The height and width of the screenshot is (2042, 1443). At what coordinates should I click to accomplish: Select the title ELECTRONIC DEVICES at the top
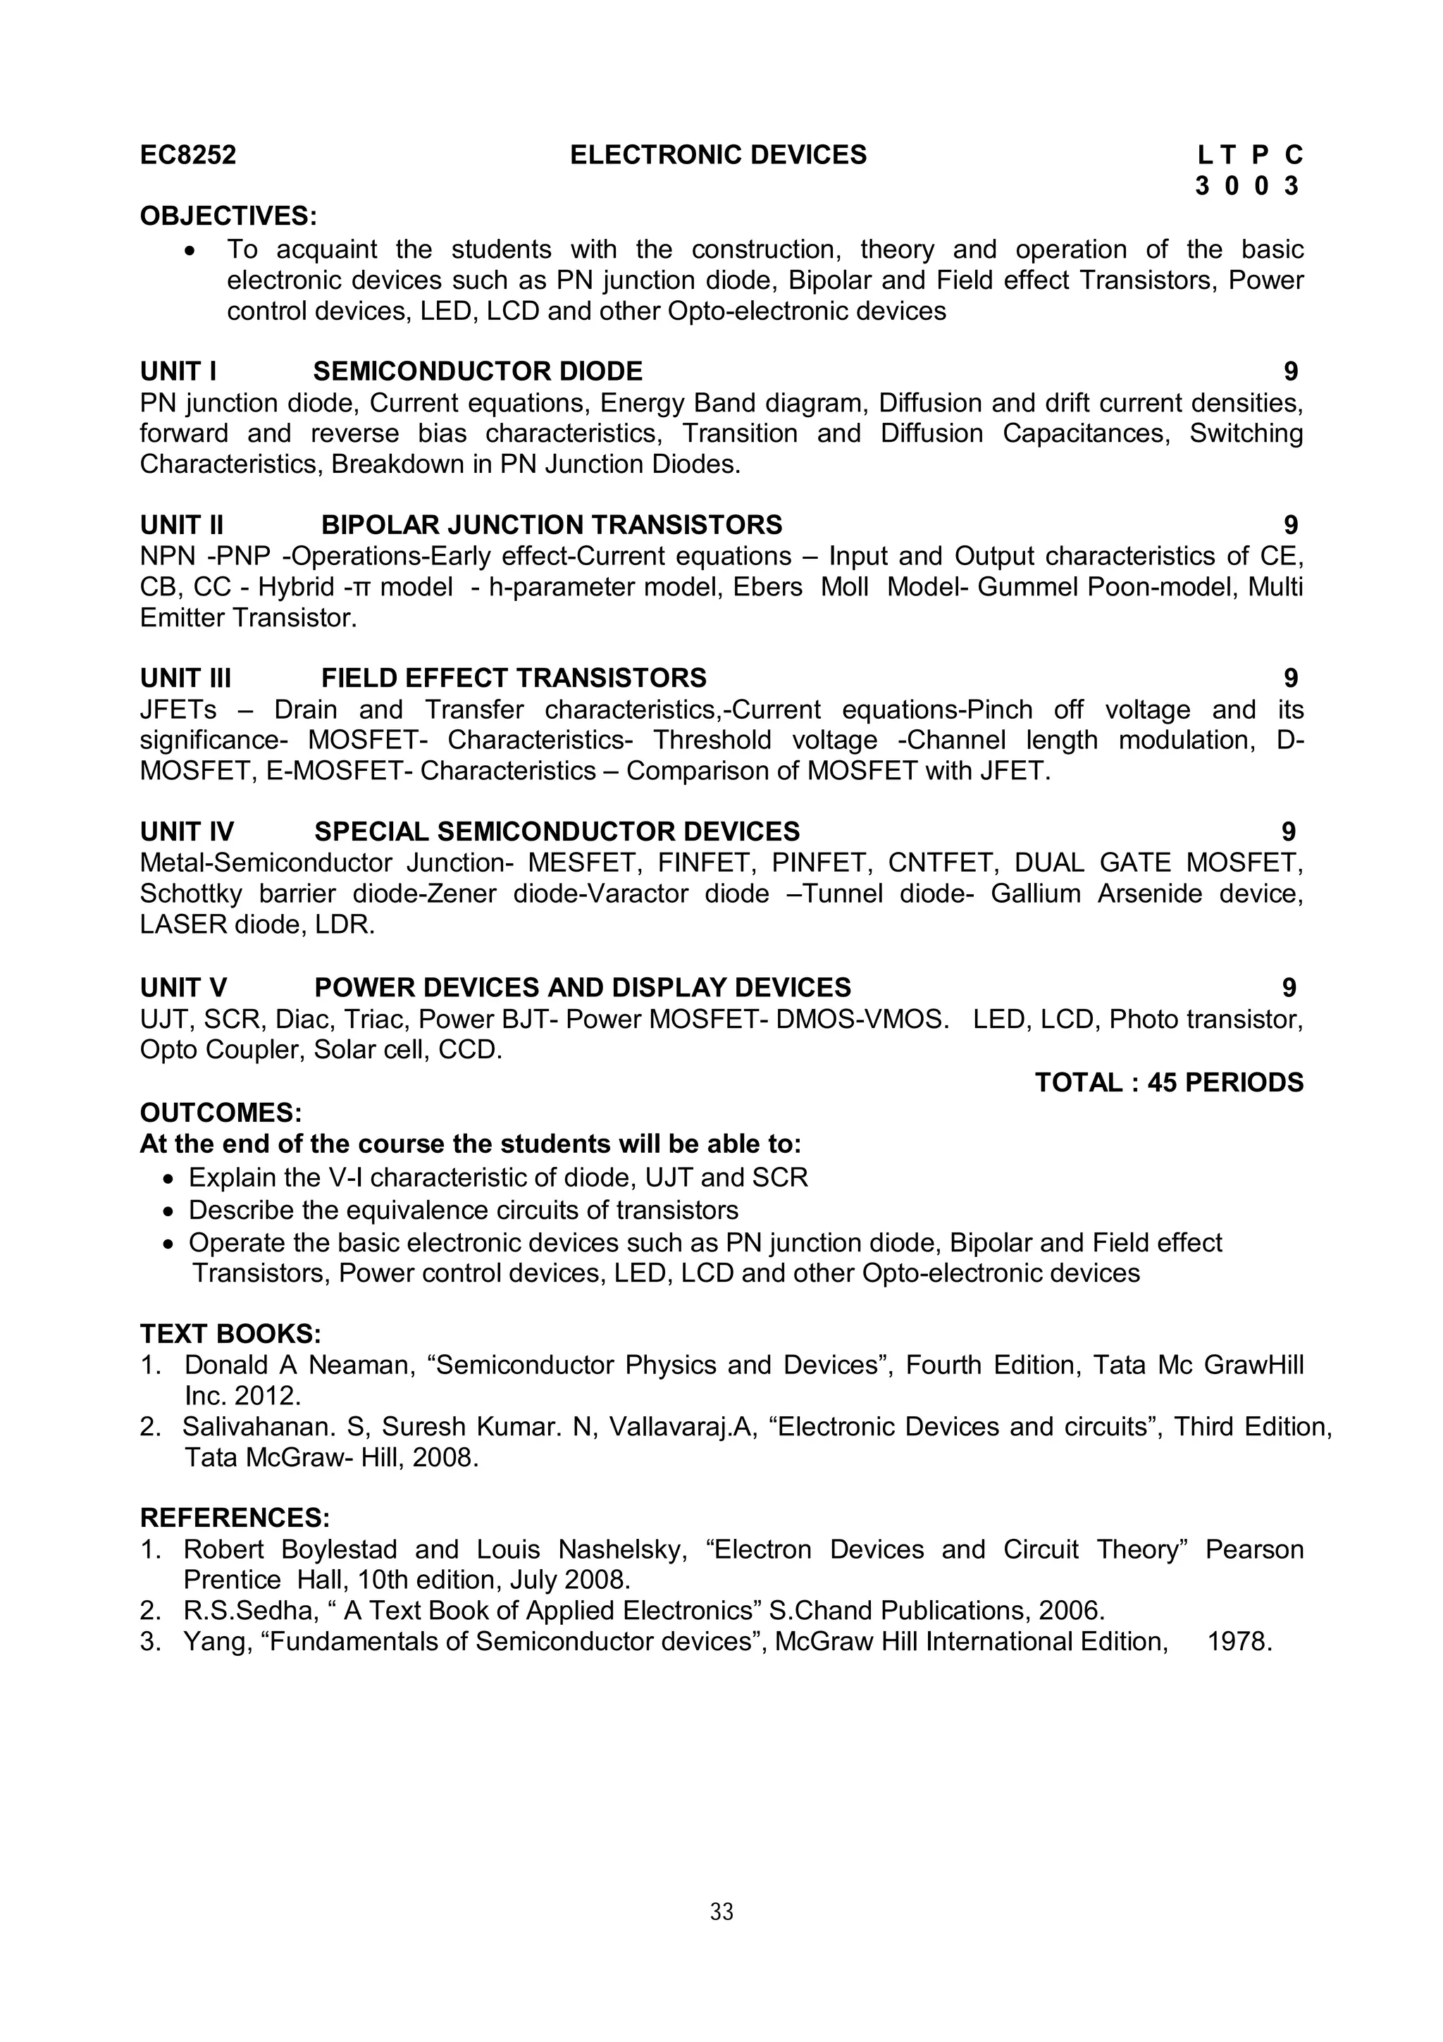coord(717,156)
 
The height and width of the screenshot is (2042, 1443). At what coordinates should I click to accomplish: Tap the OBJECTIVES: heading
coord(228,216)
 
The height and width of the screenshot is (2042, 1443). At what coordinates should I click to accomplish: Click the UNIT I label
coord(178,372)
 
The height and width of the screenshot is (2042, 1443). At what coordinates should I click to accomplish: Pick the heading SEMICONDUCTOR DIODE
coord(478,372)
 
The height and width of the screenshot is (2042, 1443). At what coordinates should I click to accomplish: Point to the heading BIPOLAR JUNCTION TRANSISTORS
coord(551,526)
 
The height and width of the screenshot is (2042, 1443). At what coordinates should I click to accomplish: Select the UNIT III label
coord(185,679)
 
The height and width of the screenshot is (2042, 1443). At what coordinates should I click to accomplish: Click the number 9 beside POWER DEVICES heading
coord(1289,988)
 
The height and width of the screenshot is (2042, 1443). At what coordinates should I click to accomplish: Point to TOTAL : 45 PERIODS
coord(1168,1083)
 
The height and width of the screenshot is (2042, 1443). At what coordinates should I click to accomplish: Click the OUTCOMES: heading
coord(221,1113)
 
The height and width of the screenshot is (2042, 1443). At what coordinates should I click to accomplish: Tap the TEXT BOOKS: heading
coord(230,1334)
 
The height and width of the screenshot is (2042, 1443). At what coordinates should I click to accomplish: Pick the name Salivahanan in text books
coord(258,1427)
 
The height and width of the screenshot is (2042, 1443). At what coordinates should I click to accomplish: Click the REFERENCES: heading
coord(235,1518)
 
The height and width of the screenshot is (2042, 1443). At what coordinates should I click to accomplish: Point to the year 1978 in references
coord(1239,1642)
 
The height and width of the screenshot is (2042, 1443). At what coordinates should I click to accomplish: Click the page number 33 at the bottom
coord(721,1912)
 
